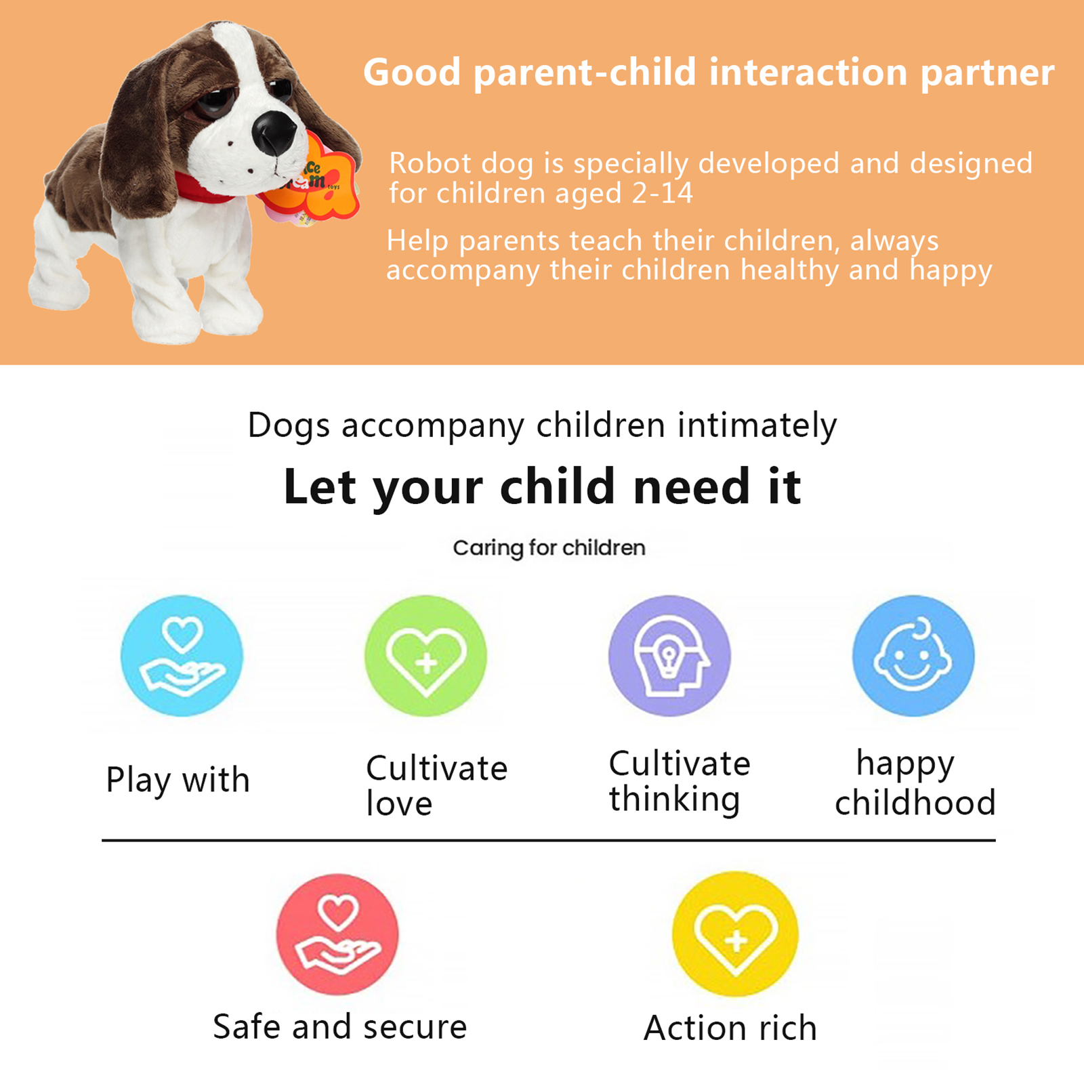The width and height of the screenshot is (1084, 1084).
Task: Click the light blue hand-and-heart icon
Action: (182, 656)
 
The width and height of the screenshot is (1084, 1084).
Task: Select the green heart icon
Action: (425, 656)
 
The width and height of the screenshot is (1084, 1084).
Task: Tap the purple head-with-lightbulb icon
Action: (669, 656)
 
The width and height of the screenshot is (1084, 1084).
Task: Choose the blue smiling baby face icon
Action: (913, 656)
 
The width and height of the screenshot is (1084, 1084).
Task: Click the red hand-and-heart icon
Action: (337, 934)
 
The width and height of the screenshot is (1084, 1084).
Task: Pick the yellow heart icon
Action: (735, 934)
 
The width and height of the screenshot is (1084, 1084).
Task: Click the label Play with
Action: (178, 780)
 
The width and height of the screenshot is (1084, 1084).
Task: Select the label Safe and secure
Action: (340, 1027)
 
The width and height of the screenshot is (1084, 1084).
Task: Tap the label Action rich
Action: (730, 1028)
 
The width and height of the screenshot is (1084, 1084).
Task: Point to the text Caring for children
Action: (549, 548)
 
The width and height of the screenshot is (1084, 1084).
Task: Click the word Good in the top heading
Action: (412, 72)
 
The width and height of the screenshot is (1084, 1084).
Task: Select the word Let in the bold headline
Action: (320, 486)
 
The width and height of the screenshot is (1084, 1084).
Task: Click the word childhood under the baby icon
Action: (915, 802)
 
